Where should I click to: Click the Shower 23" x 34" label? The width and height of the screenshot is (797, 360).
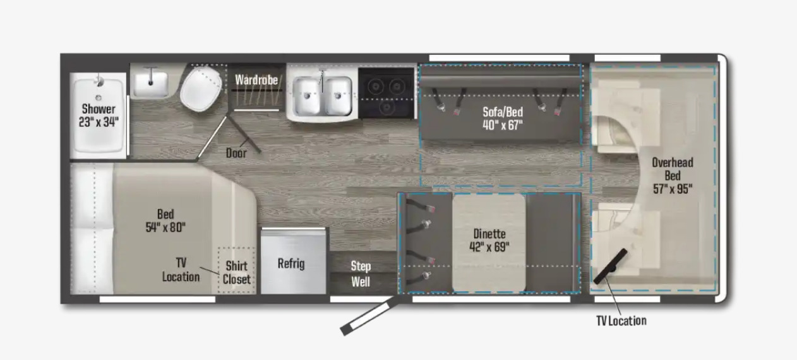pyautogui.click(x=99, y=115)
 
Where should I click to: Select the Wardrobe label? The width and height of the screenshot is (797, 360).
pyautogui.click(x=256, y=80)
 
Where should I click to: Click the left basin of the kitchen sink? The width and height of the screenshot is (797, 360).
pyautogui.click(x=306, y=95)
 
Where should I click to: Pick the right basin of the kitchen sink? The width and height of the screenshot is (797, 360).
pyautogui.click(x=338, y=95)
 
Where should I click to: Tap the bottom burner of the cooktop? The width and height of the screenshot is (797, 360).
pyautogui.click(x=387, y=107)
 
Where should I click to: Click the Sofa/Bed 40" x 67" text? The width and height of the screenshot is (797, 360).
pyautogui.click(x=503, y=119)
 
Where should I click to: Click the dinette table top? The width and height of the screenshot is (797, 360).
pyautogui.click(x=489, y=243)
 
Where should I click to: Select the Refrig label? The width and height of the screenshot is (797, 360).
pyautogui.click(x=291, y=263)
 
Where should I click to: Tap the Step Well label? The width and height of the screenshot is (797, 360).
pyautogui.click(x=361, y=274)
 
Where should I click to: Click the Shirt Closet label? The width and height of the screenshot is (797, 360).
pyautogui.click(x=237, y=272)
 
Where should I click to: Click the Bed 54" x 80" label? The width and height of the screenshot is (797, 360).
pyautogui.click(x=166, y=220)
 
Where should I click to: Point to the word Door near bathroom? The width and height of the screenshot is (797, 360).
pyautogui.click(x=236, y=153)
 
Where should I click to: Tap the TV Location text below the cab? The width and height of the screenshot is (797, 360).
pyautogui.click(x=621, y=321)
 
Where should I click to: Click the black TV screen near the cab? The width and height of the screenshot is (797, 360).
pyautogui.click(x=610, y=266)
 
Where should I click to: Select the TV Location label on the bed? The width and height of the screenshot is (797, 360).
pyautogui.click(x=181, y=270)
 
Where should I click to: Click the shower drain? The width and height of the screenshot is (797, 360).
pyautogui.click(x=99, y=97)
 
